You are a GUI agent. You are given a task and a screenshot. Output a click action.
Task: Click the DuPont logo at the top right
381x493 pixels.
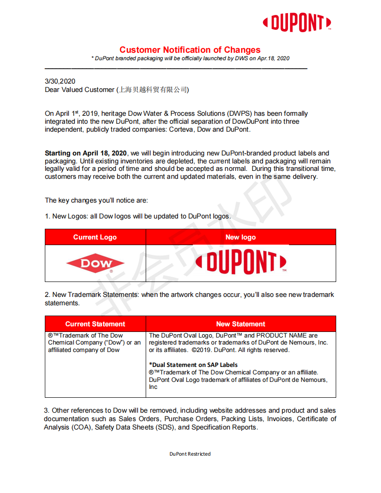297,22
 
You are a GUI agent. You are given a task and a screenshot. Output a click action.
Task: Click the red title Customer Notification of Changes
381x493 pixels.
190,50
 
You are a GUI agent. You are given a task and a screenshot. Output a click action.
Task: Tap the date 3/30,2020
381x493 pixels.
60,81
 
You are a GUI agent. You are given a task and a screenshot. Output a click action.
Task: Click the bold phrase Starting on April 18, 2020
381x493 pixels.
86,153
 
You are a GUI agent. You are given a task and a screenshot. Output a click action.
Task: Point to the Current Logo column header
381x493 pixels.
95,237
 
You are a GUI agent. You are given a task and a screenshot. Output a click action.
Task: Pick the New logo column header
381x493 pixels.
240,237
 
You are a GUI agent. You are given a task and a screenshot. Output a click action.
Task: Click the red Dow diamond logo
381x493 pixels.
95,264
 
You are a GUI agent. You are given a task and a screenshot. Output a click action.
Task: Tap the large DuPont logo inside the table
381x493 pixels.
241,263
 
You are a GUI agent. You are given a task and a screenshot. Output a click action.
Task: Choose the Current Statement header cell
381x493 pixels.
95,324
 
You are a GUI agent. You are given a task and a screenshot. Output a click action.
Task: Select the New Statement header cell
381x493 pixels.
240,324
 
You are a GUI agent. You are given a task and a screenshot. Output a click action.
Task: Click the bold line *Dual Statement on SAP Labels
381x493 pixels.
193,365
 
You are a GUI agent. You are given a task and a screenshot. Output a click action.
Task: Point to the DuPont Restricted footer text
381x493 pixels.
190,454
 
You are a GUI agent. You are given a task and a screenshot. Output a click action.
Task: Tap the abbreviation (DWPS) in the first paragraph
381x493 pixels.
240,113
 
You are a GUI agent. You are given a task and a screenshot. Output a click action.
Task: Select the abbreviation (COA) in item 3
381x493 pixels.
81,427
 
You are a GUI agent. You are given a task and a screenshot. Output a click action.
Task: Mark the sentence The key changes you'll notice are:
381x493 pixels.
96,200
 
